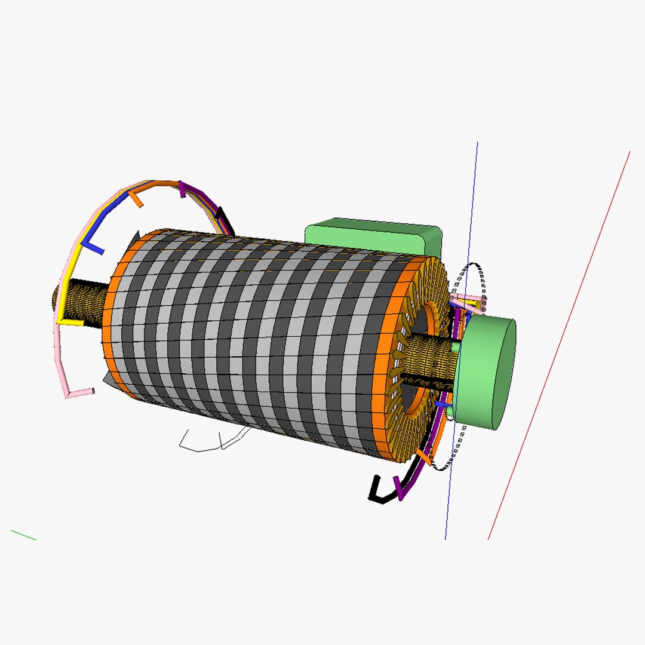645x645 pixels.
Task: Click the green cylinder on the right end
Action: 487,373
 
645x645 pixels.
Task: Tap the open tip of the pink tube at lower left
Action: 93,391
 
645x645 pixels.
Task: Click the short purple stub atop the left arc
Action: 182,191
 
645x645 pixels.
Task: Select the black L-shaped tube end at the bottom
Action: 376,490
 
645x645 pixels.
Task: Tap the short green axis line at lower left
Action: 24,535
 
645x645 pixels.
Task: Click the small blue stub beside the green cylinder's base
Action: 442,404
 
